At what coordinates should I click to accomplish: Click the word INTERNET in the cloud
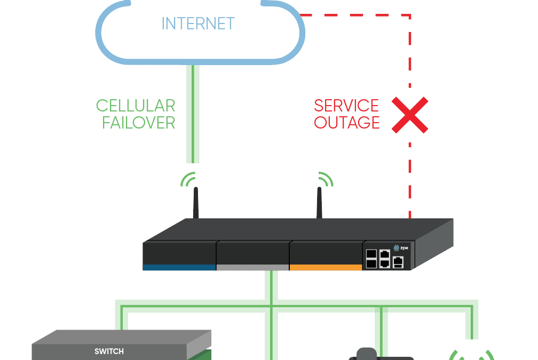pyautogui.click(x=198, y=24)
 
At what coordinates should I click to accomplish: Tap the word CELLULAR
pyautogui.click(x=136, y=106)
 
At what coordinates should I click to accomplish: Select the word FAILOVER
pyautogui.click(x=139, y=123)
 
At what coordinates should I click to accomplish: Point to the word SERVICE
pyautogui.click(x=346, y=106)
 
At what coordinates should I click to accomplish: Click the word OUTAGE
pyautogui.click(x=347, y=123)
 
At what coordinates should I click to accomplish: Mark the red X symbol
pyautogui.click(x=410, y=115)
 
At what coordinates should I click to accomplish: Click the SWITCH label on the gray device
pyautogui.click(x=109, y=351)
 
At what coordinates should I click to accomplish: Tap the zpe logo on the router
pyautogui.click(x=401, y=248)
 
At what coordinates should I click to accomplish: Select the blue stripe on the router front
pyautogui.click(x=179, y=267)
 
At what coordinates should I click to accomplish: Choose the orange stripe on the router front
pyautogui.click(x=326, y=267)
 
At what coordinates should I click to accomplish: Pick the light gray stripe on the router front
pyautogui.click(x=252, y=267)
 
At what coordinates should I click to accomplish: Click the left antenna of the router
pyautogui.click(x=196, y=203)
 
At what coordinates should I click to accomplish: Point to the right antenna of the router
pyautogui.click(x=320, y=203)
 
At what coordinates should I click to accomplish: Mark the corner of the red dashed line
pyautogui.click(x=410, y=16)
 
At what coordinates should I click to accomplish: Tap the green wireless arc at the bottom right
pyautogui.click(x=472, y=355)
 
